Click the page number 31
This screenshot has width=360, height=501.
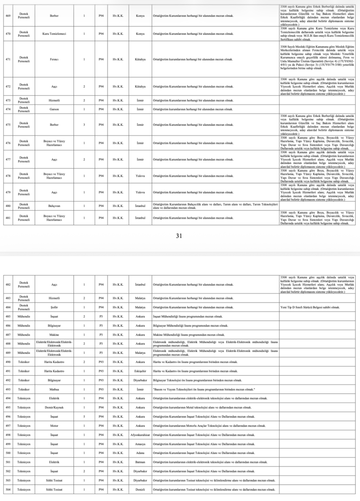[x=179, y=235]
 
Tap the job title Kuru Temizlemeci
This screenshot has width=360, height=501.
[x=54, y=34]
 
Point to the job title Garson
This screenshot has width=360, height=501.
[x=54, y=109]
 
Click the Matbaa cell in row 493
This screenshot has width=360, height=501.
[x=54, y=389]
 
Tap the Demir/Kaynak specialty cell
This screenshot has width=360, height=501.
[x=54, y=408]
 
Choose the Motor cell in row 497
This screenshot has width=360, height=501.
[x=54, y=426]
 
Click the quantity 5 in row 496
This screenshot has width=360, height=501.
[x=84, y=416]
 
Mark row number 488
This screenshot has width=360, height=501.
[x=7, y=343]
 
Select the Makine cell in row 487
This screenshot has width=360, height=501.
[x=54, y=334]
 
